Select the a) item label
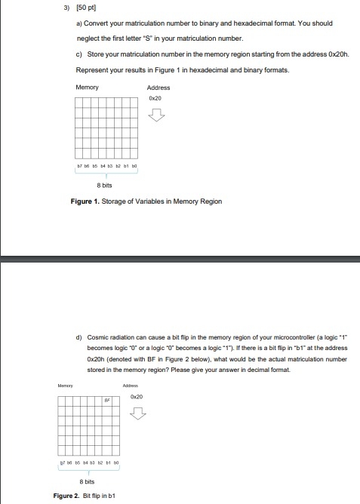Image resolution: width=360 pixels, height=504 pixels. (79, 24)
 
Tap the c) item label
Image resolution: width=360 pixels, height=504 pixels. (79, 54)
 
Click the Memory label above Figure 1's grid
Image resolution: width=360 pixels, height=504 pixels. (87, 88)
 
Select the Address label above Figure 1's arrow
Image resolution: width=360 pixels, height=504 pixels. (158, 88)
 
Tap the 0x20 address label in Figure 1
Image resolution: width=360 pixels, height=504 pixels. (155, 98)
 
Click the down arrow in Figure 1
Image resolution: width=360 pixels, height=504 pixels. (156, 115)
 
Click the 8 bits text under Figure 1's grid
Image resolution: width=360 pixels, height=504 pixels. (105, 184)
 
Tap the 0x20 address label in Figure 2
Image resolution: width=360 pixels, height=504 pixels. (137, 398)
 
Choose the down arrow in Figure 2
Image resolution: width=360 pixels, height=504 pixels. (137, 413)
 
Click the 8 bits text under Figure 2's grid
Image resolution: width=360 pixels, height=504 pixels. (87, 481)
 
